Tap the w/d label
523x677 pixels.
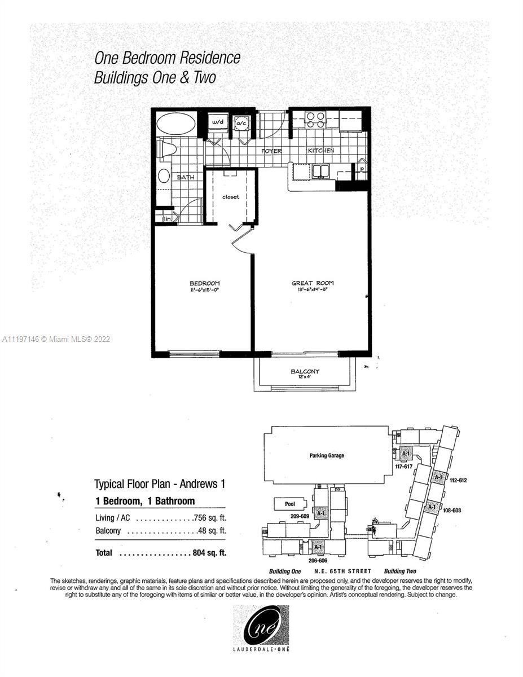pos(217,121)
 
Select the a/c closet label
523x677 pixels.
pos(241,122)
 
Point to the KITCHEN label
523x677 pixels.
pos(320,151)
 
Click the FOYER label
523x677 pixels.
pos(271,151)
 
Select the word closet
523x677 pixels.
pos(230,197)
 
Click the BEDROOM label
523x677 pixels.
pos(204,283)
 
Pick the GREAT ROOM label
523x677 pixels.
pos(313,283)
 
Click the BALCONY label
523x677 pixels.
pos(305,371)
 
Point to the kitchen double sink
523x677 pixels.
pos(322,170)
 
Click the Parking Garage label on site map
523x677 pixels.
pos(327,455)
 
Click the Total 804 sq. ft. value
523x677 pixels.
pos(209,553)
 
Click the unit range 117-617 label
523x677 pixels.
pos(404,466)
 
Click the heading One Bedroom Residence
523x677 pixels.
pos(167,58)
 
